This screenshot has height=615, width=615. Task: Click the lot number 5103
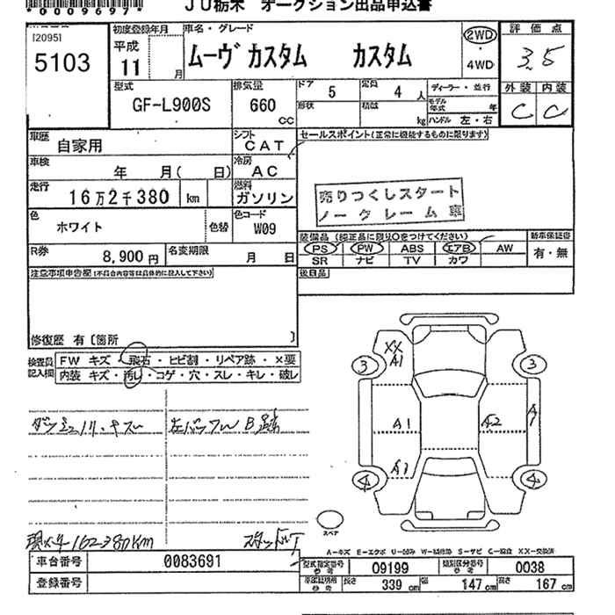(x=59, y=63)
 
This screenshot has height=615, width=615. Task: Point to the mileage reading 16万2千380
(x=118, y=198)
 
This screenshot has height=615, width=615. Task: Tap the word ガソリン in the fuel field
(x=264, y=199)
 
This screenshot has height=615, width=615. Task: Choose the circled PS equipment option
(x=320, y=249)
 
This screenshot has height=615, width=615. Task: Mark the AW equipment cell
(x=504, y=249)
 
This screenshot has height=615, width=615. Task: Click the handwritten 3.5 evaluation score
(x=532, y=59)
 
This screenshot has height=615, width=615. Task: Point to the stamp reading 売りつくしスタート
(x=388, y=193)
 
